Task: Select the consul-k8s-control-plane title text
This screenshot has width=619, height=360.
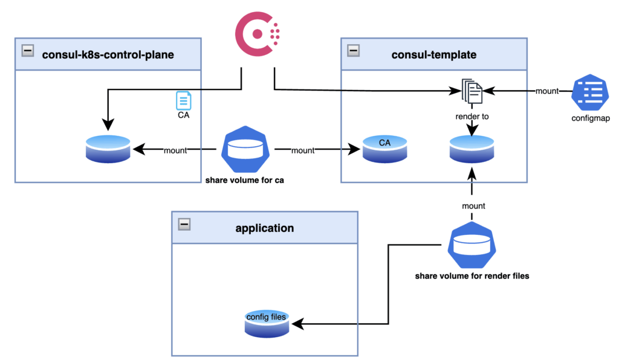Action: (x=108, y=55)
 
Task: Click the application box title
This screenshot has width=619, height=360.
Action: (x=264, y=228)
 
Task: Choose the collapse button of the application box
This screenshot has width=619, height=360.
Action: (x=185, y=224)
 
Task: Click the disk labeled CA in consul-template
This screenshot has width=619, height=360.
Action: (x=384, y=149)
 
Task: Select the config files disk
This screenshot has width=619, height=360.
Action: (x=266, y=323)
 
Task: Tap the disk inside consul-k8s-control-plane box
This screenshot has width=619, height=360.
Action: (x=108, y=149)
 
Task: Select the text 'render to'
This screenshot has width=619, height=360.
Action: (x=472, y=115)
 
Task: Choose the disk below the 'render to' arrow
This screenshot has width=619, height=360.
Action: (x=472, y=149)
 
